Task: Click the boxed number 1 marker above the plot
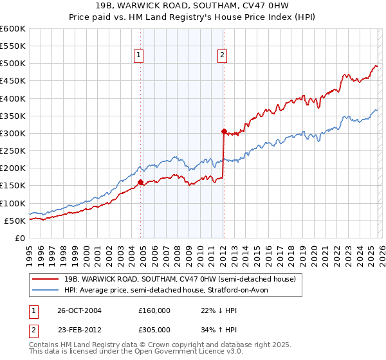140,56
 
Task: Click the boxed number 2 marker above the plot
222,56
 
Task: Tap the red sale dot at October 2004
140,183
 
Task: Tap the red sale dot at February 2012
223,132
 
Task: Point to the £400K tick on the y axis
13,98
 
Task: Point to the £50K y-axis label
15,221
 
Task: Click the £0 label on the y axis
19,238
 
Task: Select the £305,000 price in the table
154,329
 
